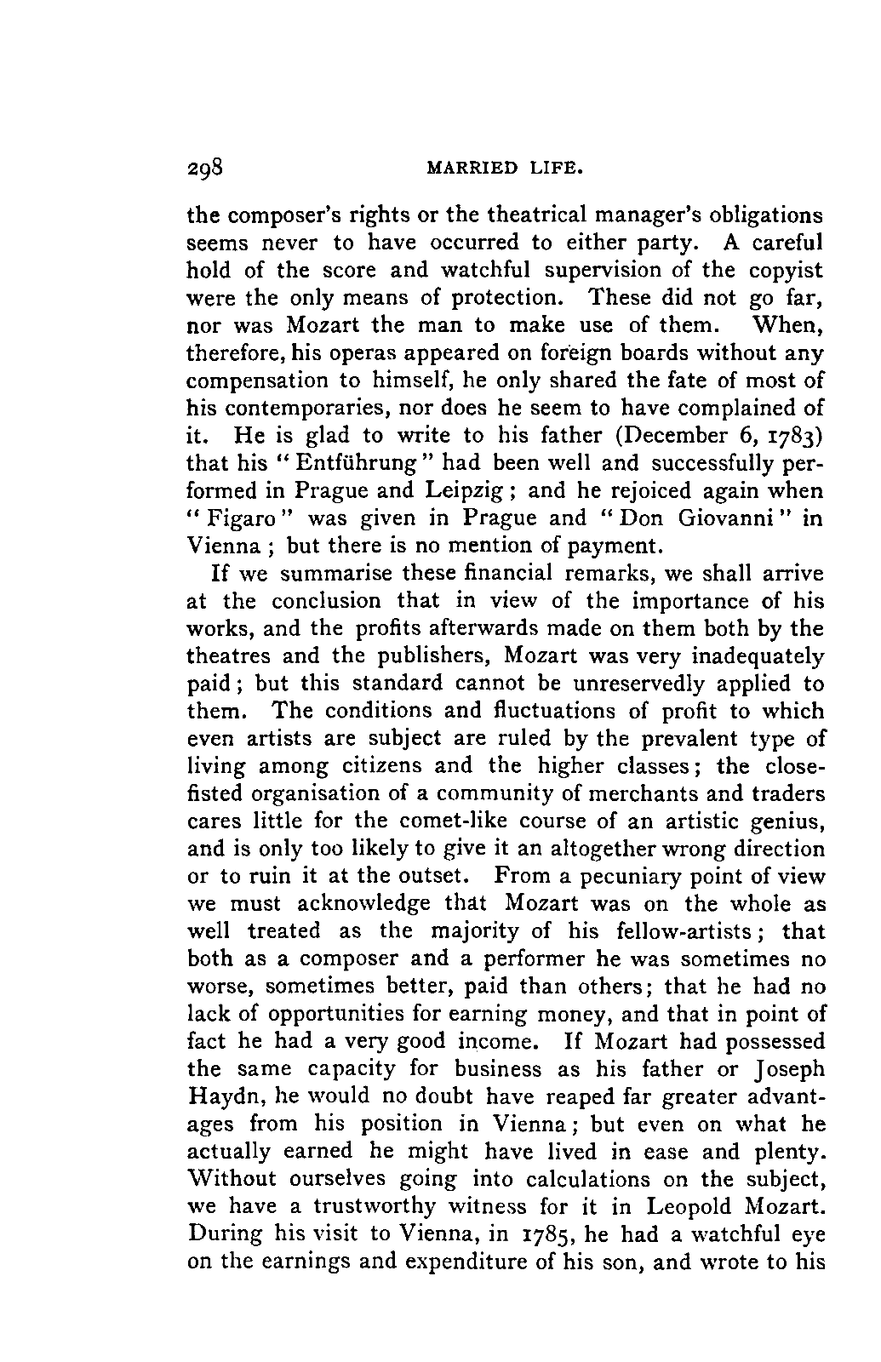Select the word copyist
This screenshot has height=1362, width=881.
786,272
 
